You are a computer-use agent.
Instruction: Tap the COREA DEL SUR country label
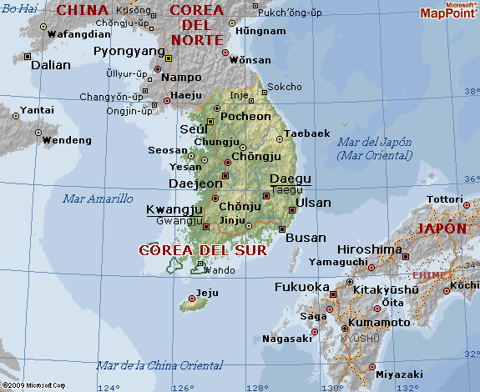pos(203,250)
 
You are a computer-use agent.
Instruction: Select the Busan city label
pos(306,238)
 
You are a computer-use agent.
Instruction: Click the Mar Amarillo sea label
pos(98,199)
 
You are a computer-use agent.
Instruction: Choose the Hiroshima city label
pos(369,249)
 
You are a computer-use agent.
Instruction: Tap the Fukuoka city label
pos(302,287)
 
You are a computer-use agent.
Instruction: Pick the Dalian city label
pos(51,64)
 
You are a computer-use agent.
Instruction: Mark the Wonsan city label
pos(250,60)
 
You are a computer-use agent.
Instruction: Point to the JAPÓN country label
pos(442,228)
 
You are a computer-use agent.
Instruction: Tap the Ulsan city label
pos(314,203)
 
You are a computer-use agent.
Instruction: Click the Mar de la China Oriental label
pos(159,365)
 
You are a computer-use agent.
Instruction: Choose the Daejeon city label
pos(195,183)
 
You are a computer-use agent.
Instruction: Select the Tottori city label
pos(444,199)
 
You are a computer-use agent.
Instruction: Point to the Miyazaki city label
pos(399,374)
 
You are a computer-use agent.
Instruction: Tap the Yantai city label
pos(37,110)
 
